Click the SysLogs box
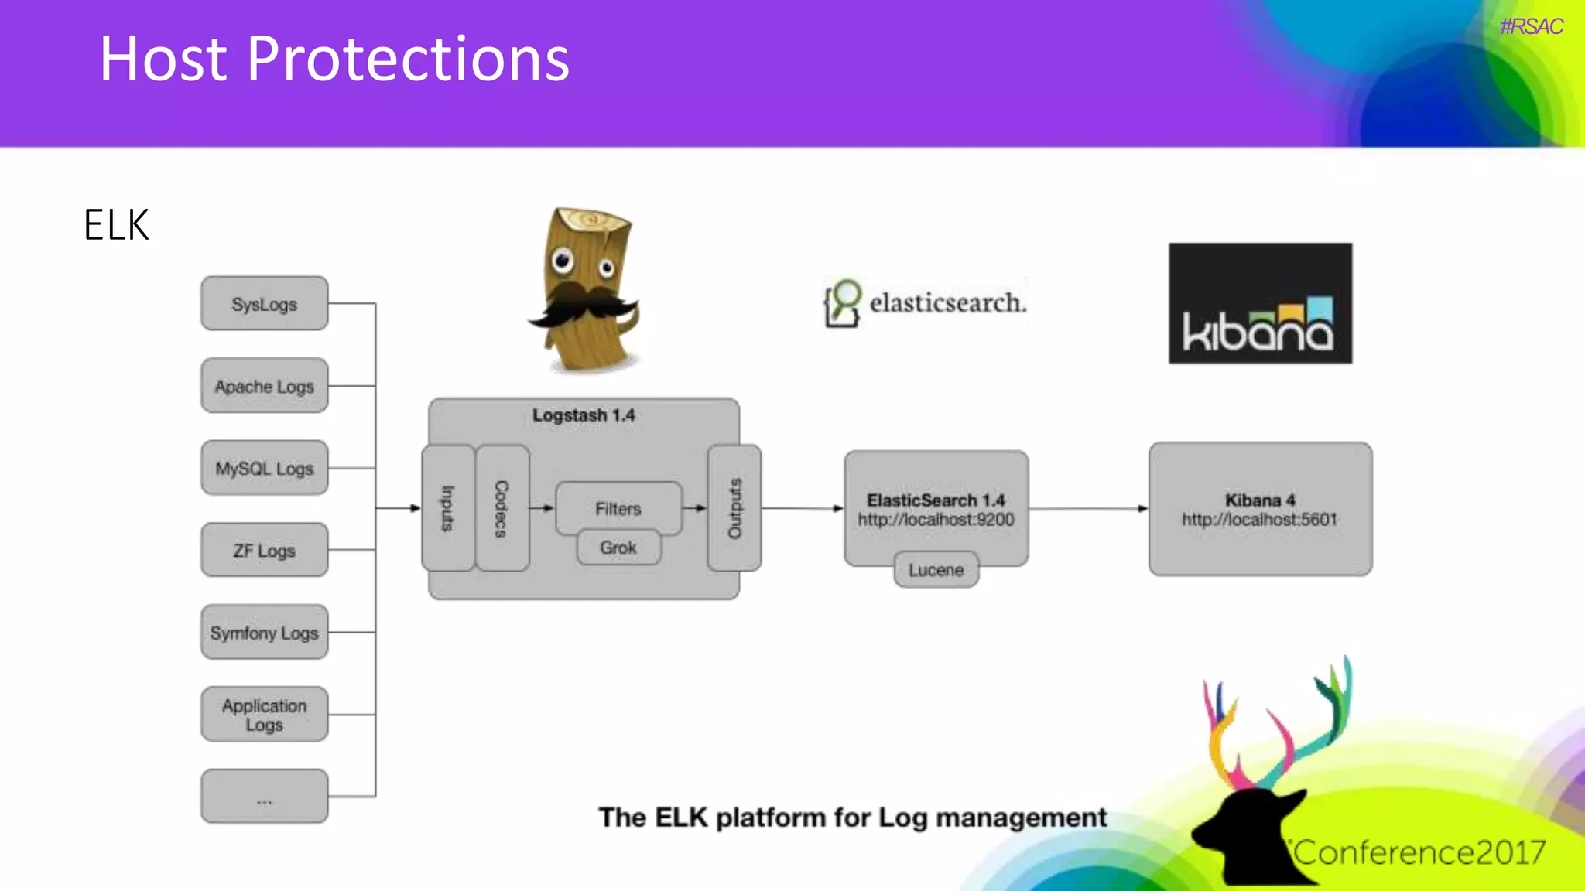coord(264,304)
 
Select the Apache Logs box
coord(264,386)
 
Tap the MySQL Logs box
coord(264,468)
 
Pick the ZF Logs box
coord(264,550)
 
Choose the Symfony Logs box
coord(264,632)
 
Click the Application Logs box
coord(264,715)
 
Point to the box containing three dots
coord(264,797)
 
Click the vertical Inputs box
coord(448,508)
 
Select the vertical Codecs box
coord(502,508)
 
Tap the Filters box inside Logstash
coord(618,507)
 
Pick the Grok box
coord(618,548)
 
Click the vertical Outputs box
coord(734,508)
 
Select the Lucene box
coord(936,570)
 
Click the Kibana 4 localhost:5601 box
coord(1260,509)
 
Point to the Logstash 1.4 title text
coord(584,415)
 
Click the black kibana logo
coord(1260,303)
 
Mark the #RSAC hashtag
coord(1531,27)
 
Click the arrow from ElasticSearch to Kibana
coord(1088,509)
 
